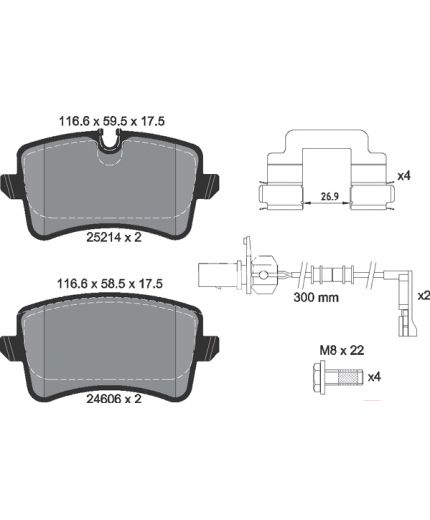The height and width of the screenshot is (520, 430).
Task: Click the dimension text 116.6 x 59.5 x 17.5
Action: pyautogui.click(x=112, y=121)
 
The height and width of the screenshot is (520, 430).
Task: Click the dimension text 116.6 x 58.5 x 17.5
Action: pyautogui.click(x=110, y=284)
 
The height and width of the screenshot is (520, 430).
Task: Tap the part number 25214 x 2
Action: pyautogui.click(x=114, y=237)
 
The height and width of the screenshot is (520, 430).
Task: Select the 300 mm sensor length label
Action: pyautogui.click(x=316, y=297)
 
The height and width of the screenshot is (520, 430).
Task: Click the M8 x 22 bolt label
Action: pyautogui.click(x=342, y=350)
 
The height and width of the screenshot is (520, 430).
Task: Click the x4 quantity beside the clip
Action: pyautogui.click(x=404, y=176)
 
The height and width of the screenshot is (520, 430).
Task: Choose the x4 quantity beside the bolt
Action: pyautogui.click(x=374, y=377)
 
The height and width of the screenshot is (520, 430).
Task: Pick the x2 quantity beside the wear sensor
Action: pyautogui.click(x=424, y=296)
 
